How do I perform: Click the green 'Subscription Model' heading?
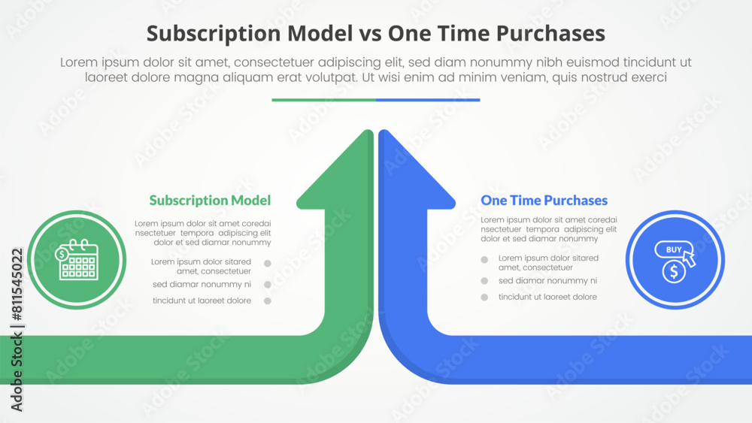(x=210, y=200)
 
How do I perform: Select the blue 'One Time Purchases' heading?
(x=544, y=200)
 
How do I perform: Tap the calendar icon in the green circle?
(x=77, y=260)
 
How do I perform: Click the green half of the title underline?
(x=323, y=99)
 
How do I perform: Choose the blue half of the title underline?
(x=428, y=99)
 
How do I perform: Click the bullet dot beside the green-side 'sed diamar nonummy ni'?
(x=267, y=285)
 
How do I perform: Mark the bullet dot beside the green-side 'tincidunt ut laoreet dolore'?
(x=267, y=301)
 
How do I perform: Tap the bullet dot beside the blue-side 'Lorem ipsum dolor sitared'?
(x=484, y=259)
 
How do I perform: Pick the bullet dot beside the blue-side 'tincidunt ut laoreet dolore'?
(x=484, y=297)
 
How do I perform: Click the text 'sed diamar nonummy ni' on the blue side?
(x=547, y=280)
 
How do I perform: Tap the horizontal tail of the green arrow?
(x=150, y=359)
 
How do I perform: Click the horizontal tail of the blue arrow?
(x=602, y=359)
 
